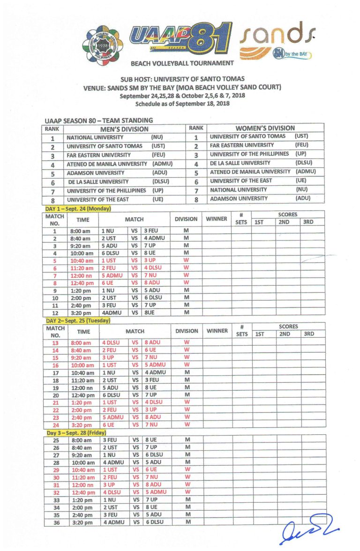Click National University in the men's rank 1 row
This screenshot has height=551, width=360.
95,138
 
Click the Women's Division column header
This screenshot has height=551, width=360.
265,128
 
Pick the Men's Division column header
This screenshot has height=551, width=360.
124,129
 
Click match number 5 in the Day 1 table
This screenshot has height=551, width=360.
54,261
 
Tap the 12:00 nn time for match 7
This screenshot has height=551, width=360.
82,275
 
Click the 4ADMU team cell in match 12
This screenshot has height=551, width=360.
112,312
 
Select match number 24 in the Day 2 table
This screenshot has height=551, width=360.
54,425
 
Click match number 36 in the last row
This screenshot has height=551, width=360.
54,522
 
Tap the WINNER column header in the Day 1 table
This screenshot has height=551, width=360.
216,219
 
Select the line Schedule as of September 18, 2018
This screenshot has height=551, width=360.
182,104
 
